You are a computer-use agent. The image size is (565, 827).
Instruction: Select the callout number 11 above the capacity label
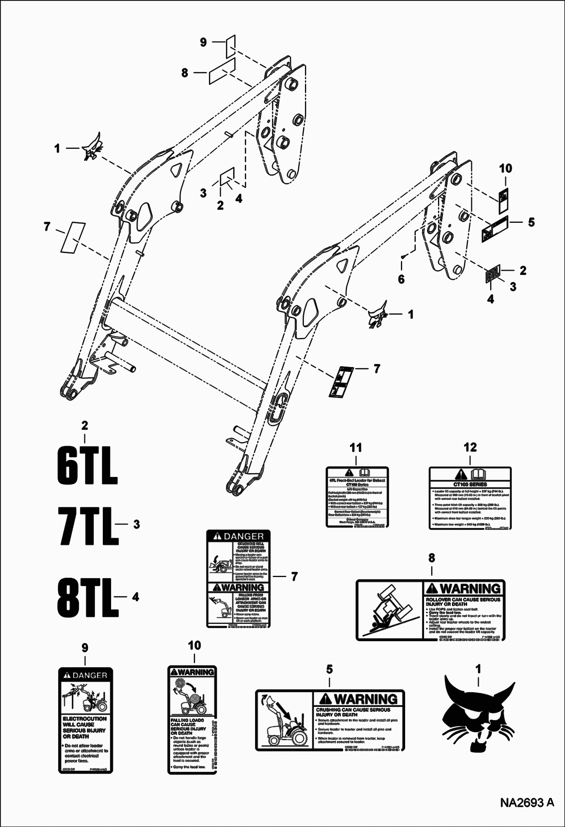pos(356,448)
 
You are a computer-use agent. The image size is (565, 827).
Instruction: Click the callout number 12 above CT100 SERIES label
pos(470,448)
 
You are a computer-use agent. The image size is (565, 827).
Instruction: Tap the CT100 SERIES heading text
pos(469,484)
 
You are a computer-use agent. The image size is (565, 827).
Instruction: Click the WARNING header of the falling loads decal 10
pos(192,672)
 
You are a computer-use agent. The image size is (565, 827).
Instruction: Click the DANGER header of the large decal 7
pos(238,536)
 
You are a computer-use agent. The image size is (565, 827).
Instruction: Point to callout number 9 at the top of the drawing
pos(203,42)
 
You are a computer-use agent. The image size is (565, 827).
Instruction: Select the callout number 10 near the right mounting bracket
pos(506,169)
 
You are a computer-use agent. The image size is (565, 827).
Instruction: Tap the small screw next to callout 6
pos(403,256)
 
